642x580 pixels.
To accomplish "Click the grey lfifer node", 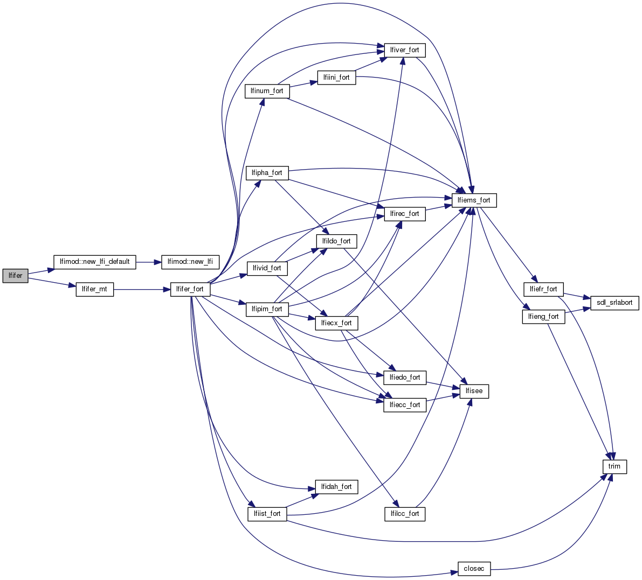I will tap(15, 276).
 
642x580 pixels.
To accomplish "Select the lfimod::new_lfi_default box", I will tap(94, 262).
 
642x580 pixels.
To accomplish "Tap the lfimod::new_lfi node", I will tap(190, 262).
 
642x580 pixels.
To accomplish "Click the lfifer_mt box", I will tap(94, 289).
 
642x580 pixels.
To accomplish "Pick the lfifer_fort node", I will tap(190, 289).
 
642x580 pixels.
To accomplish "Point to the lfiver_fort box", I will tap(404, 50).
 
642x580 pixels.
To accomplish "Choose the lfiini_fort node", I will tap(336, 78).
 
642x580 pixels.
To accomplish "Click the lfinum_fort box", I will tap(267, 91).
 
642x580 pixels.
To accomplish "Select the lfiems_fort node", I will tap(474, 200).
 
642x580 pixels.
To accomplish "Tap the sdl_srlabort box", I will tap(615, 303).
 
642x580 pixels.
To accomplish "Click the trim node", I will tap(615, 466).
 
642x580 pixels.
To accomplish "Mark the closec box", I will tap(474, 569).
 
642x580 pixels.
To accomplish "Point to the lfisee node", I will tap(474, 391).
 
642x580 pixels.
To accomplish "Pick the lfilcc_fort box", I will tap(404, 514).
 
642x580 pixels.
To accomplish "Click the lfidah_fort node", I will tap(336, 487).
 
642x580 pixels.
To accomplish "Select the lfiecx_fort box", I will tap(336, 323).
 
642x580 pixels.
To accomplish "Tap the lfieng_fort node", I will tap(543, 317).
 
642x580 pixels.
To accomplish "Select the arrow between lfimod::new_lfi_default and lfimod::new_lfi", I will tap(149, 262).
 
